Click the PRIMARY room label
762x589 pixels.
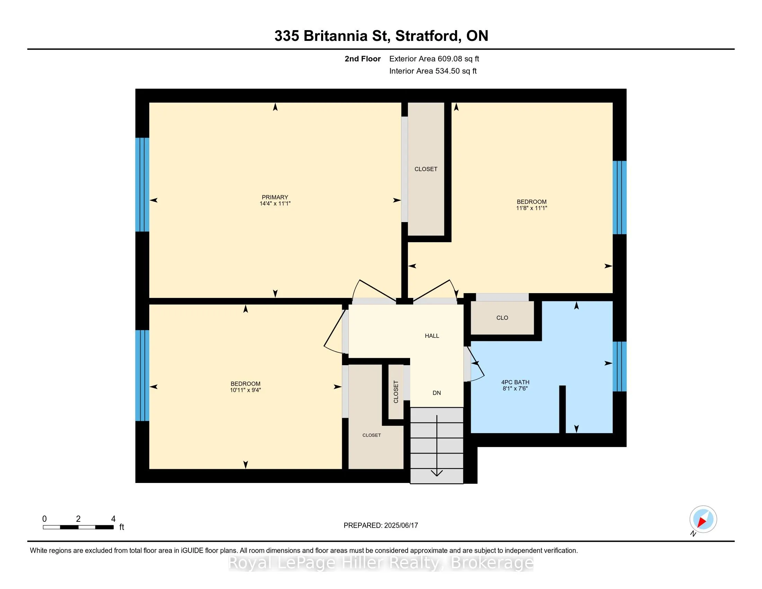tap(275, 197)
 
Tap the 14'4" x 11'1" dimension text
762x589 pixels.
tap(275, 203)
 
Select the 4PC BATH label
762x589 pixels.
tap(515, 382)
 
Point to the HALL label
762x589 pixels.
tap(432, 336)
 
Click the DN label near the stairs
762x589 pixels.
tap(437, 393)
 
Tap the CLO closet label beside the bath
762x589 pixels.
tap(502, 317)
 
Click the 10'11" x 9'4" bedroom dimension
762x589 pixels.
tap(245, 390)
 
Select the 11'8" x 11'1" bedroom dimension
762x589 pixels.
tap(531, 208)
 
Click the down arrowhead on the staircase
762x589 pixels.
tap(437, 473)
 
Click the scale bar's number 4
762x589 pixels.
tap(113, 519)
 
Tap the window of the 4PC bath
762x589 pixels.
tap(619, 366)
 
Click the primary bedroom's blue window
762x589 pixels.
tap(142, 185)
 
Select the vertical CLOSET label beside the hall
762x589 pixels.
tap(396, 392)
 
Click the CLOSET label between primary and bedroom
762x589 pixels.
tap(426, 169)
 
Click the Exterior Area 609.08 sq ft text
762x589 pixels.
tap(434, 59)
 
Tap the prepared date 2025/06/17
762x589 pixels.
tap(401, 526)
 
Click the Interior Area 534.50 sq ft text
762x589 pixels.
tap(433, 71)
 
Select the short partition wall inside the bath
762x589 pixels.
tap(562, 409)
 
